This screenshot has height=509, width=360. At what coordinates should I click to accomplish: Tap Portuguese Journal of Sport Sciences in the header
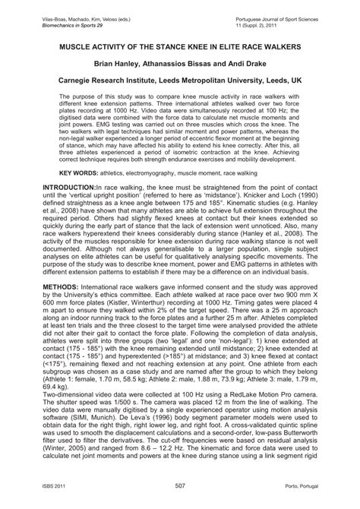[284, 8]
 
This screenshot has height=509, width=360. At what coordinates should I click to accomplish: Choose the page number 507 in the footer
[180, 498]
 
